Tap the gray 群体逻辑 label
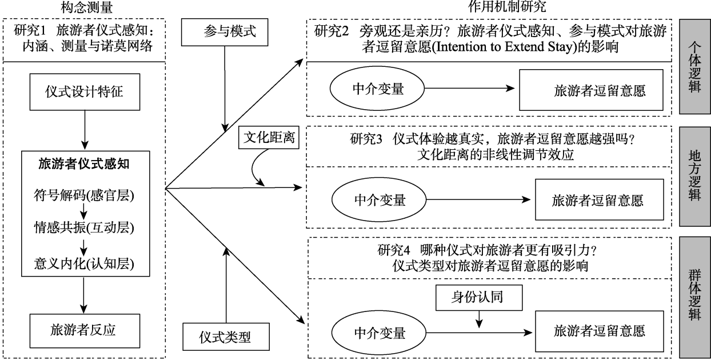[x=693, y=297]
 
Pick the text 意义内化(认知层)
[x=84, y=262]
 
